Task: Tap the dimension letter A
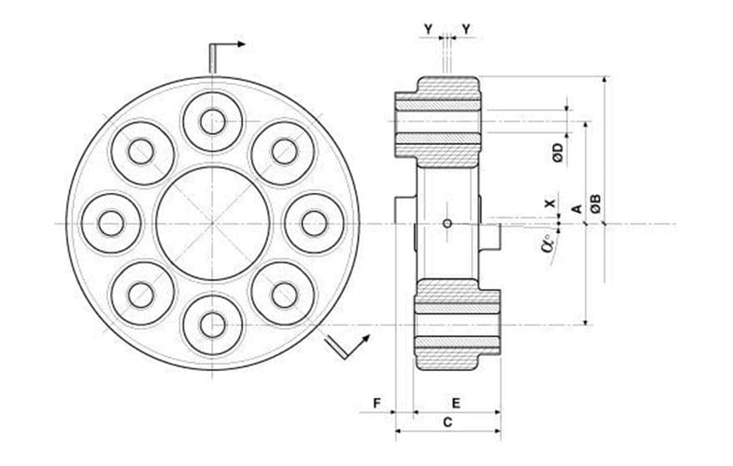pos(576,208)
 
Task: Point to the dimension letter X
pos(548,203)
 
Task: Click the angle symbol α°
pos(547,244)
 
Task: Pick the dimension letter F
pos(376,403)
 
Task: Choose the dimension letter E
pos(456,403)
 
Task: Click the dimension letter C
pos(447,423)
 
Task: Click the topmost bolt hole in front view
pos(212,121)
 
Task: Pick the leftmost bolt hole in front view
pos(111,223)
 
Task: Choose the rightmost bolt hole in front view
pos(314,223)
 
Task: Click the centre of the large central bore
pos(212,223)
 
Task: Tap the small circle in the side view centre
pos(447,223)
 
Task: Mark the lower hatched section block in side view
pos(457,325)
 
